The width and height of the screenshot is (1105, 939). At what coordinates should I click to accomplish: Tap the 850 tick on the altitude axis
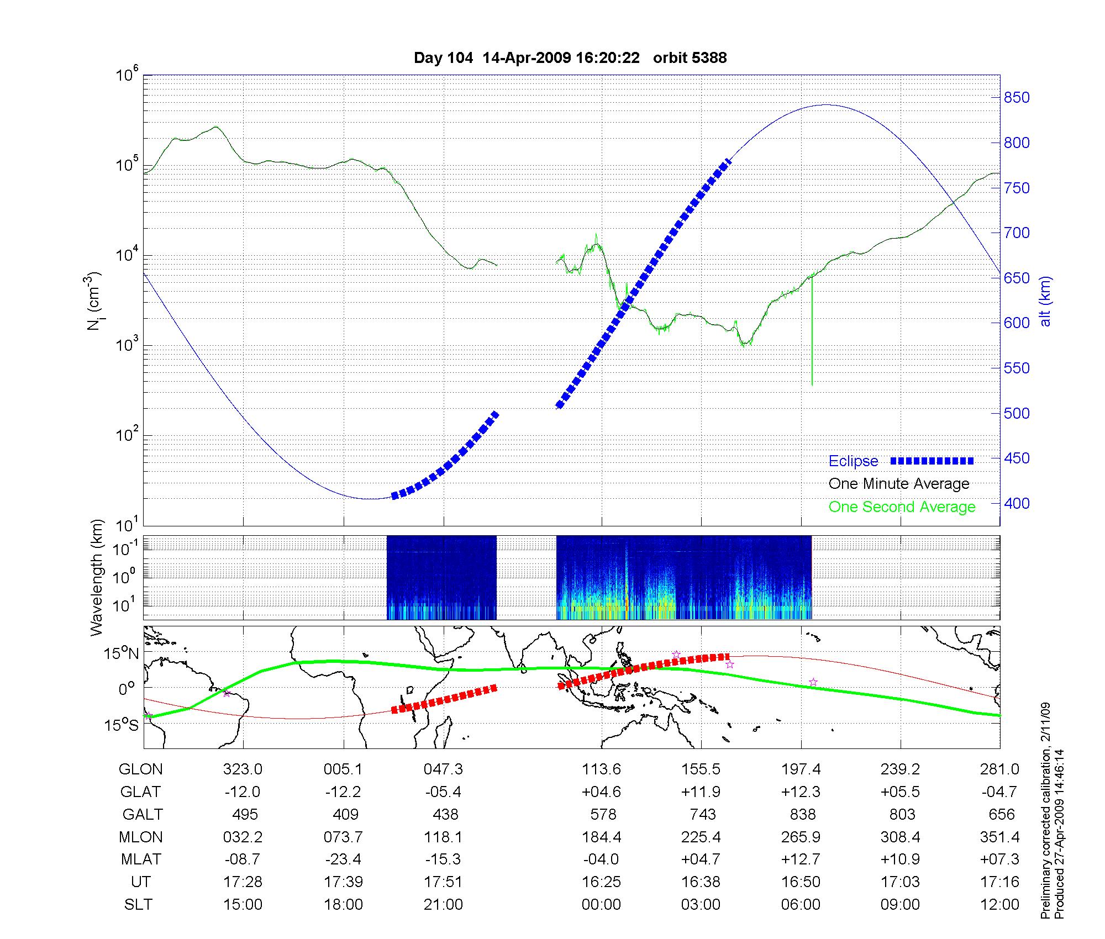coord(1017,98)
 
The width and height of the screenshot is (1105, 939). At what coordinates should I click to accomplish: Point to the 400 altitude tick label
coord(1017,503)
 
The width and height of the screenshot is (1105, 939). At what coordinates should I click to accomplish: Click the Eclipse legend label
coord(853,461)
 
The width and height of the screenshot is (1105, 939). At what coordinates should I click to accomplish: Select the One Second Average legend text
coord(902,507)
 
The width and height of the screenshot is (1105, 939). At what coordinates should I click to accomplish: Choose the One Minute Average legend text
coord(899,484)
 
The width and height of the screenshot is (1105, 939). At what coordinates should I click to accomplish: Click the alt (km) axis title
coord(1045,301)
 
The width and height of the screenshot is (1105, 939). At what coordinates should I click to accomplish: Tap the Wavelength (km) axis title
coord(97,577)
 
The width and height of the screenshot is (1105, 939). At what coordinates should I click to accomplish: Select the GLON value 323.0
coord(243,769)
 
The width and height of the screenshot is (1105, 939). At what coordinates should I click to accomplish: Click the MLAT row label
coord(141,859)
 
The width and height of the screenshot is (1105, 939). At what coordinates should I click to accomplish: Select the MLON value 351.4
coord(1000,837)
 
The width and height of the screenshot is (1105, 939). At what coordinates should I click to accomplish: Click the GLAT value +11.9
coord(701,792)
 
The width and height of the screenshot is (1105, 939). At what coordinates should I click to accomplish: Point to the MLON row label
coord(141,837)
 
